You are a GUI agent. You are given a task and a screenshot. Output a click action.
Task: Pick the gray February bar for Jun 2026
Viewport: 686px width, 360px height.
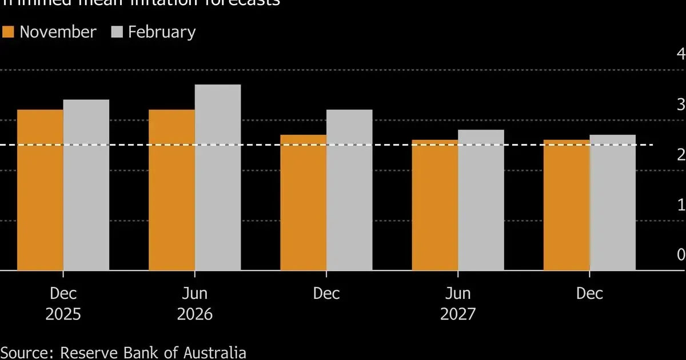[218, 177]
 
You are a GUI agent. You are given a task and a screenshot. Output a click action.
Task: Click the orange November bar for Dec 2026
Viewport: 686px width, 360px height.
[303, 202]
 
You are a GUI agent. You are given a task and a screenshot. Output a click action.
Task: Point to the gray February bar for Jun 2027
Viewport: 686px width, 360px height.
[481, 200]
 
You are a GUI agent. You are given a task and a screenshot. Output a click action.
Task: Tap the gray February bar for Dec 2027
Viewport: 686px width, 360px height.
[612, 202]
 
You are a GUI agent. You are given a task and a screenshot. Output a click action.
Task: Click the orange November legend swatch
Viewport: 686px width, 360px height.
[7, 32]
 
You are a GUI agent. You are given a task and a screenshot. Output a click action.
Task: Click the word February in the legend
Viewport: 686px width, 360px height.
[162, 32]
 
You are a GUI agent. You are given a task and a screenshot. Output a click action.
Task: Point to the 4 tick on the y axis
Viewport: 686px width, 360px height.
[680, 54]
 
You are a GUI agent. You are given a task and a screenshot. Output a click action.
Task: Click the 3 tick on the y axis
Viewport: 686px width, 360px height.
[680, 105]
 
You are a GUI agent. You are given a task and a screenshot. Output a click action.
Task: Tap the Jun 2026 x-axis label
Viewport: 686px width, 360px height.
[195, 303]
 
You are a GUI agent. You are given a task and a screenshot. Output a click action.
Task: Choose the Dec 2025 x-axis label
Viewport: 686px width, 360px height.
[63, 303]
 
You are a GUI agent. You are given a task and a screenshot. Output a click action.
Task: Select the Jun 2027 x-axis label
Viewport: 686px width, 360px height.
[458, 303]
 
